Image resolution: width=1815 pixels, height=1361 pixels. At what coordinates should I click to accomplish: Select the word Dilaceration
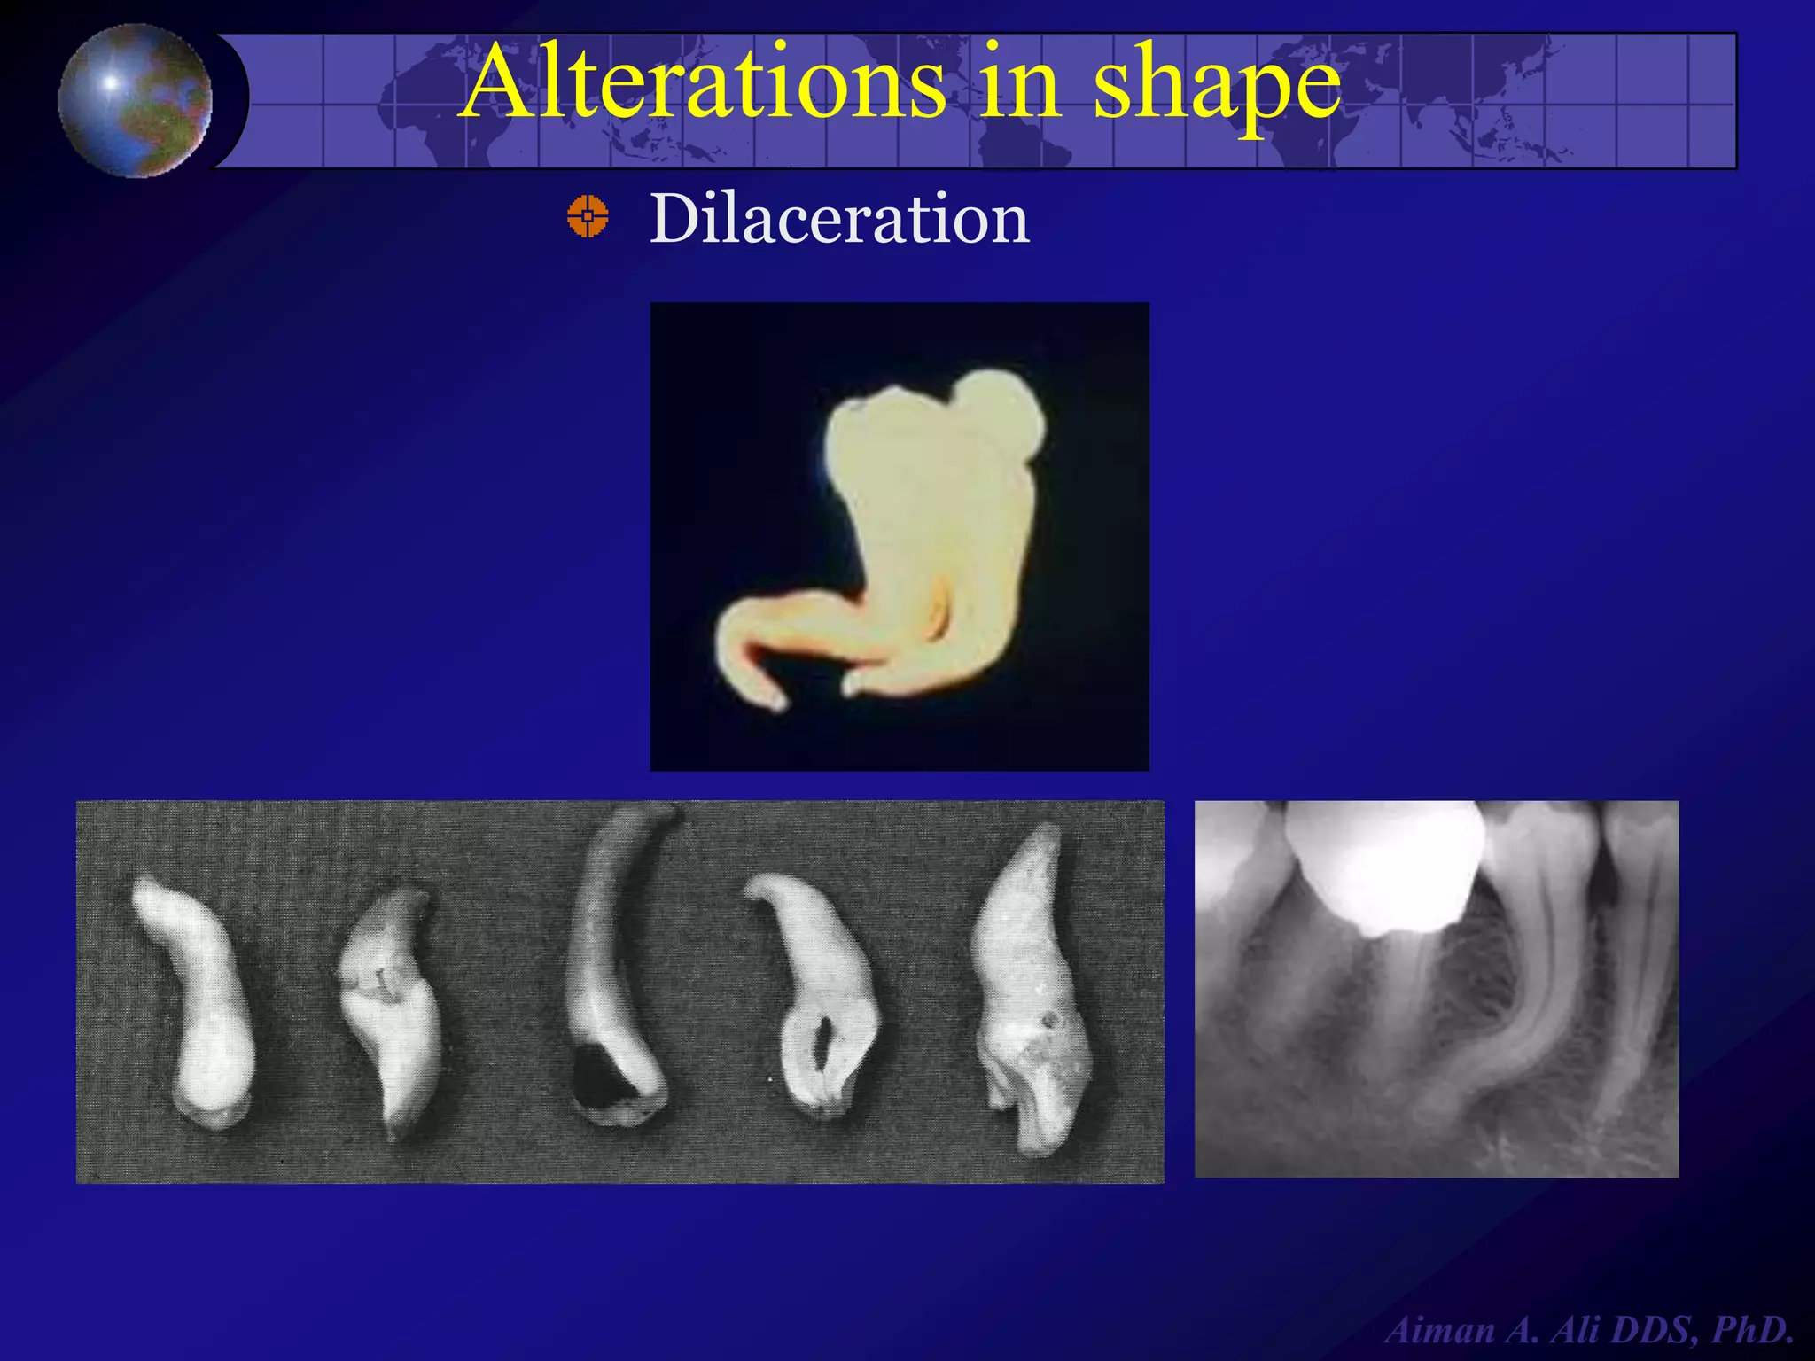tap(839, 218)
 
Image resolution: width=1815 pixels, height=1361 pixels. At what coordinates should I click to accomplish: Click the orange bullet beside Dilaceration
tap(588, 217)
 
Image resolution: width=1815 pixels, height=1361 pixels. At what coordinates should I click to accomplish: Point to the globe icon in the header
tap(136, 100)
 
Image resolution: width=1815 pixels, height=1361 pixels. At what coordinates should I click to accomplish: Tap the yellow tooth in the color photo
tap(922, 532)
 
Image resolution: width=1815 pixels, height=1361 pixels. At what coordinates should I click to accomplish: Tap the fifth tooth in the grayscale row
tap(1032, 992)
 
